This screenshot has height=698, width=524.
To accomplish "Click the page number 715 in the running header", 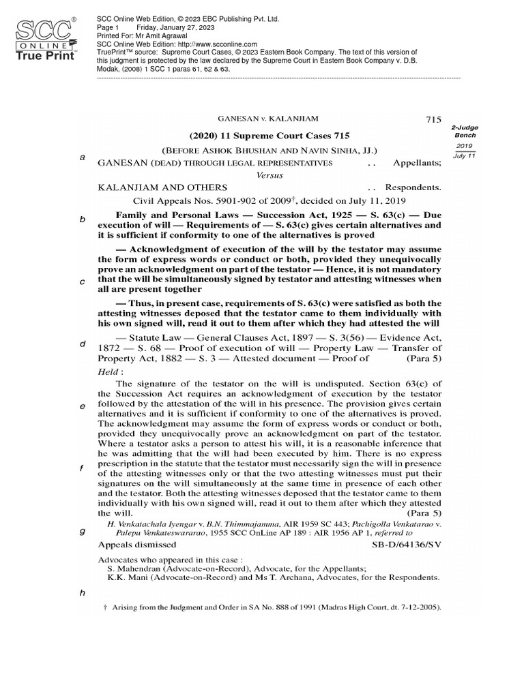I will pos(435,119).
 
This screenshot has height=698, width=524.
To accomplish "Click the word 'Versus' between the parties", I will pos(269,174).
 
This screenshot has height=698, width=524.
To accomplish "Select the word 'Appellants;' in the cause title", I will pos(417,164).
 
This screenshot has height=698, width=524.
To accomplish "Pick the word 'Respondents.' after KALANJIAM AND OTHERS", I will pos(413,187).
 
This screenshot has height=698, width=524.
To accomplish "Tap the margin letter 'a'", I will pos(82,157).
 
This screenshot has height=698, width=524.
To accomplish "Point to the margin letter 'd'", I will pos(82,344).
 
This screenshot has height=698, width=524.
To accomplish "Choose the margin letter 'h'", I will pos(82,592).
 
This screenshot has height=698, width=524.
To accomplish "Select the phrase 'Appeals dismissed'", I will pos(135,545).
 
